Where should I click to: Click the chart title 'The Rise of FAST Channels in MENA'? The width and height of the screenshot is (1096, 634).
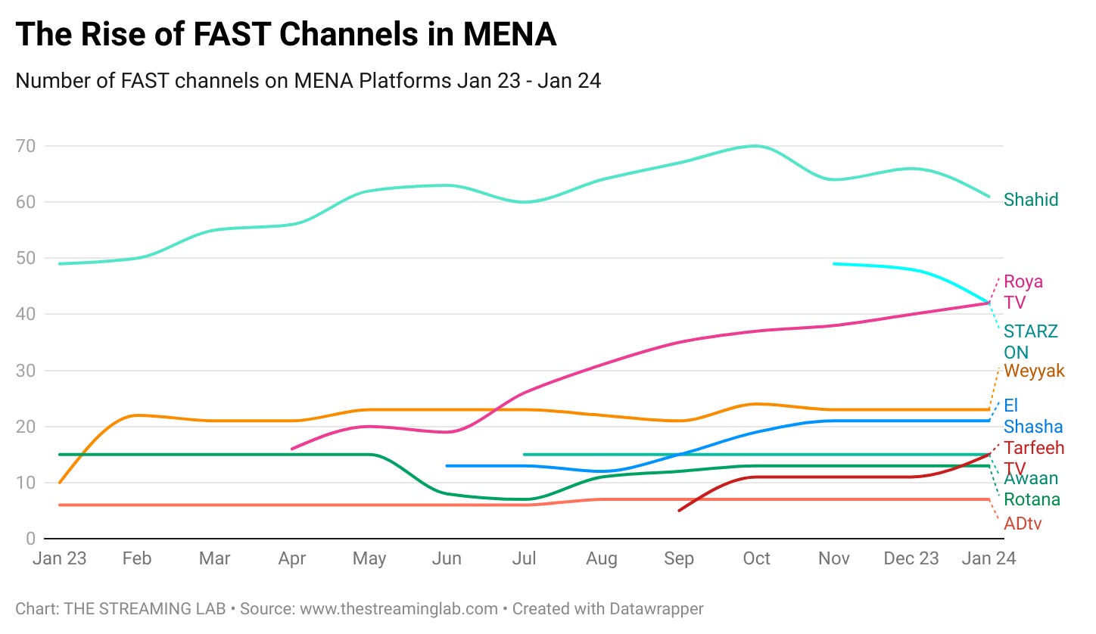(285, 35)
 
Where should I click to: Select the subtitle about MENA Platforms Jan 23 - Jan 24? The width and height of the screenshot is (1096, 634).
(308, 80)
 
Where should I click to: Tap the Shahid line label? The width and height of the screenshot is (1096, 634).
(1030, 200)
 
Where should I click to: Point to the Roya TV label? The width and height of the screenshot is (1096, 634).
(1023, 292)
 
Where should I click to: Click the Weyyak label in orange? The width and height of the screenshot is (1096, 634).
(1034, 371)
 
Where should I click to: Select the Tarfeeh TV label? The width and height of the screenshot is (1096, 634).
(1033, 457)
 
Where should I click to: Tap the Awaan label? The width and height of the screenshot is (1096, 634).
(1030, 478)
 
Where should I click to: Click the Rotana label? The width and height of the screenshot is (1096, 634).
(1032, 499)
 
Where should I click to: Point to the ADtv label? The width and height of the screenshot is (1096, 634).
(1023, 523)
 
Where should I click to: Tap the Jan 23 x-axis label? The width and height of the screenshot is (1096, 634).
(60, 559)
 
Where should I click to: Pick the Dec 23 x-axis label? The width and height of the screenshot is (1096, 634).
(911, 559)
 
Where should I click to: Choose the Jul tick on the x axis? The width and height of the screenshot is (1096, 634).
(524, 559)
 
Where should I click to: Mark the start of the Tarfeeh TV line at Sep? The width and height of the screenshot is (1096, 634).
(679, 511)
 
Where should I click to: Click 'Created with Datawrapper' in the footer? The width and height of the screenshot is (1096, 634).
(608, 608)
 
